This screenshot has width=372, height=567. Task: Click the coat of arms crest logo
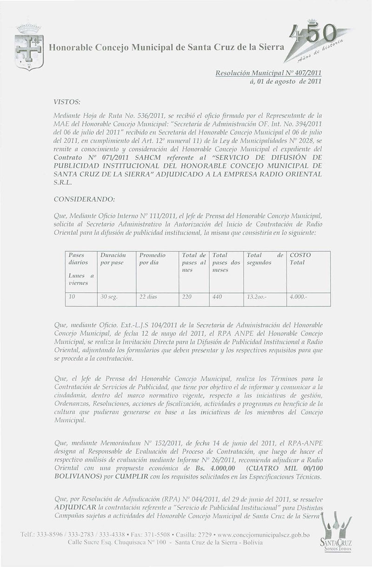[29, 47]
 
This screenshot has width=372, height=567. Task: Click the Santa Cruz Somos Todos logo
[338, 533]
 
